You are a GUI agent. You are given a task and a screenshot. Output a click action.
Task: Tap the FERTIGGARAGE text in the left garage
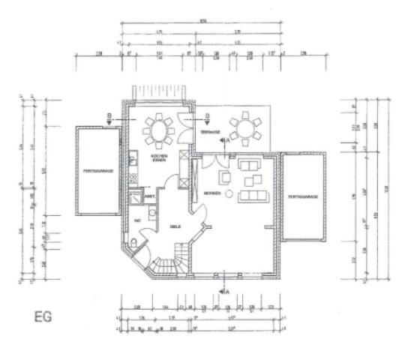click(x=97, y=171)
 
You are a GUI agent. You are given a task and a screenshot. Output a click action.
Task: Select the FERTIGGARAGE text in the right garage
click(x=304, y=196)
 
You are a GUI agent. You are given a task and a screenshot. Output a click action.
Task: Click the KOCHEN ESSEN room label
click(x=158, y=158)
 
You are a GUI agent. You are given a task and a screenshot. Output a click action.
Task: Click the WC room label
click(x=137, y=220)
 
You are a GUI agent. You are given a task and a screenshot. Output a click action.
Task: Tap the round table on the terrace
click(x=245, y=128)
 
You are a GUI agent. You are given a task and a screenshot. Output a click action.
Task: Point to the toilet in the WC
click(x=133, y=243)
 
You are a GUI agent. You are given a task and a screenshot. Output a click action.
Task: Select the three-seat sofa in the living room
click(x=253, y=196)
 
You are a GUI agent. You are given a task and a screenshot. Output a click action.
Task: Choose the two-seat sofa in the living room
click(x=249, y=163)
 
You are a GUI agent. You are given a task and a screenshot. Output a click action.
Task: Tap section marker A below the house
click(x=223, y=286)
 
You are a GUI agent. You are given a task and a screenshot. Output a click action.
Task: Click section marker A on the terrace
click(x=223, y=139)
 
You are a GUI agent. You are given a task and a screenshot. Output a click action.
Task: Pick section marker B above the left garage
click(x=109, y=117)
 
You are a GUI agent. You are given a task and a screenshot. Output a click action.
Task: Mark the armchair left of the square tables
click(x=224, y=178)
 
